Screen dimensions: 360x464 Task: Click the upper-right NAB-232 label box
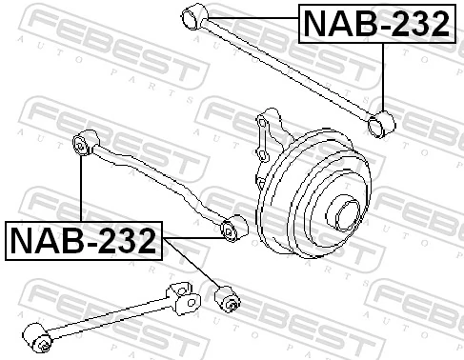coord(375,25)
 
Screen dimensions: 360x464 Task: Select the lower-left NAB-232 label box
coord(83,241)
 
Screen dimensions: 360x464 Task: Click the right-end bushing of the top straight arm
coord(382,123)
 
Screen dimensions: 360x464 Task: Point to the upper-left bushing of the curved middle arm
coord(85,145)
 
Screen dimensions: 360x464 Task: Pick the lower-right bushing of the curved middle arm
coord(230,230)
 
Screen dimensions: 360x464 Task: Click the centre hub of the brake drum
coord(348,211)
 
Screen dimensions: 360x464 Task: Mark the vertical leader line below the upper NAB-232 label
coord(383,76)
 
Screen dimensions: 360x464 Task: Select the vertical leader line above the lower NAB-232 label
coord(82,190)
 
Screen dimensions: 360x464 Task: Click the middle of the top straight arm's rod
coord(286,69)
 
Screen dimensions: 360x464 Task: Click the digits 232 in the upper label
coord(413,25)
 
